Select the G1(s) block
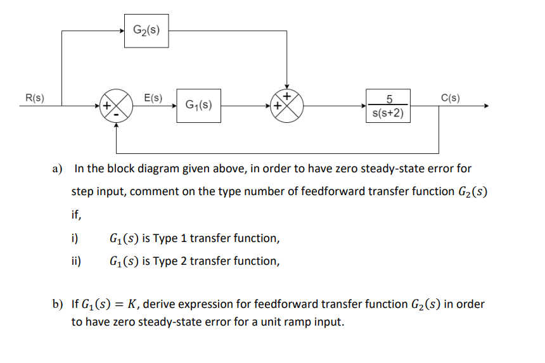click(x=198, y=105)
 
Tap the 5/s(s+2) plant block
click(x=388, y=106)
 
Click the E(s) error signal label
click(x=153, y=98)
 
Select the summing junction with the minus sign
click(x=116, y=106)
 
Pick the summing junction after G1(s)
click(x=287, y=106)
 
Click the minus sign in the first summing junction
click(x=116, y=113)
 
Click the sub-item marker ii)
click(x=76, y=261)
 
